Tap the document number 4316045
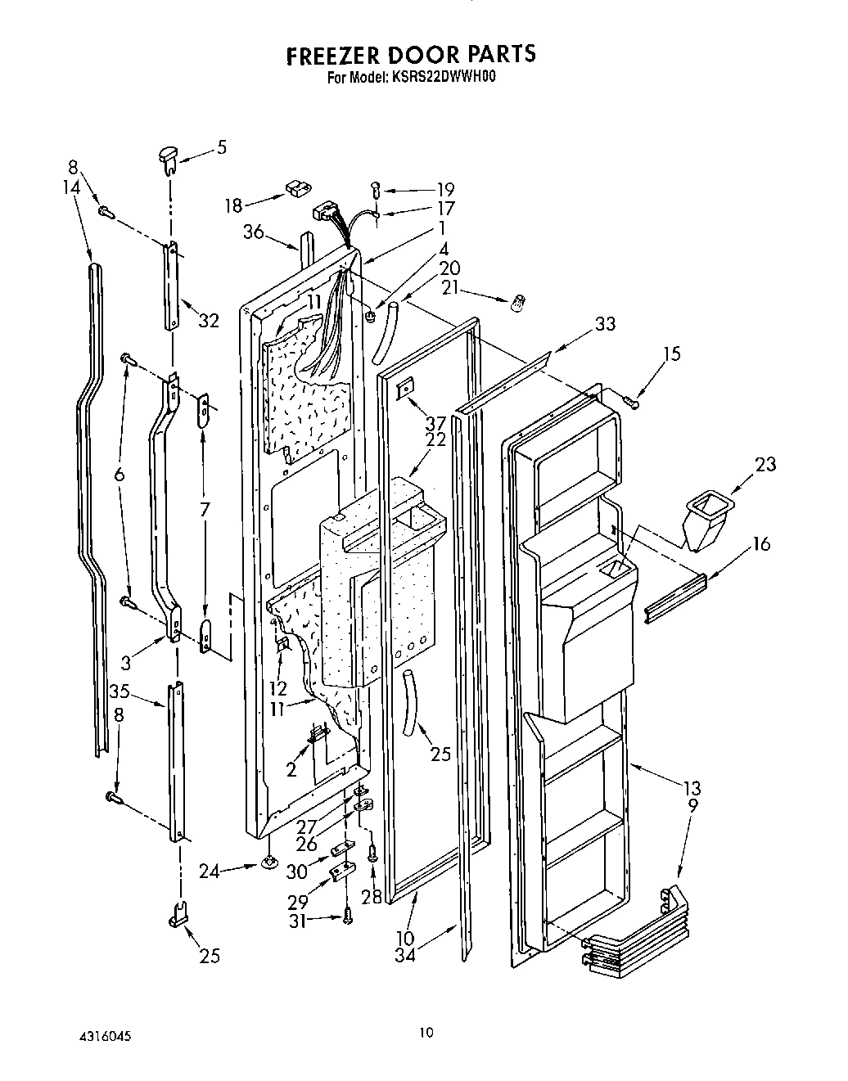[x=104, y=1035]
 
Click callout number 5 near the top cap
[x=221, y=148]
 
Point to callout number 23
[x=766, y=464]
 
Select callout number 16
[x=761, y=543]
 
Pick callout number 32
[x=209, y=321]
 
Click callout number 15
[x=671, y=354]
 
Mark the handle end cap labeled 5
[x=168, y=156]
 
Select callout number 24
[x=209, y=871]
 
